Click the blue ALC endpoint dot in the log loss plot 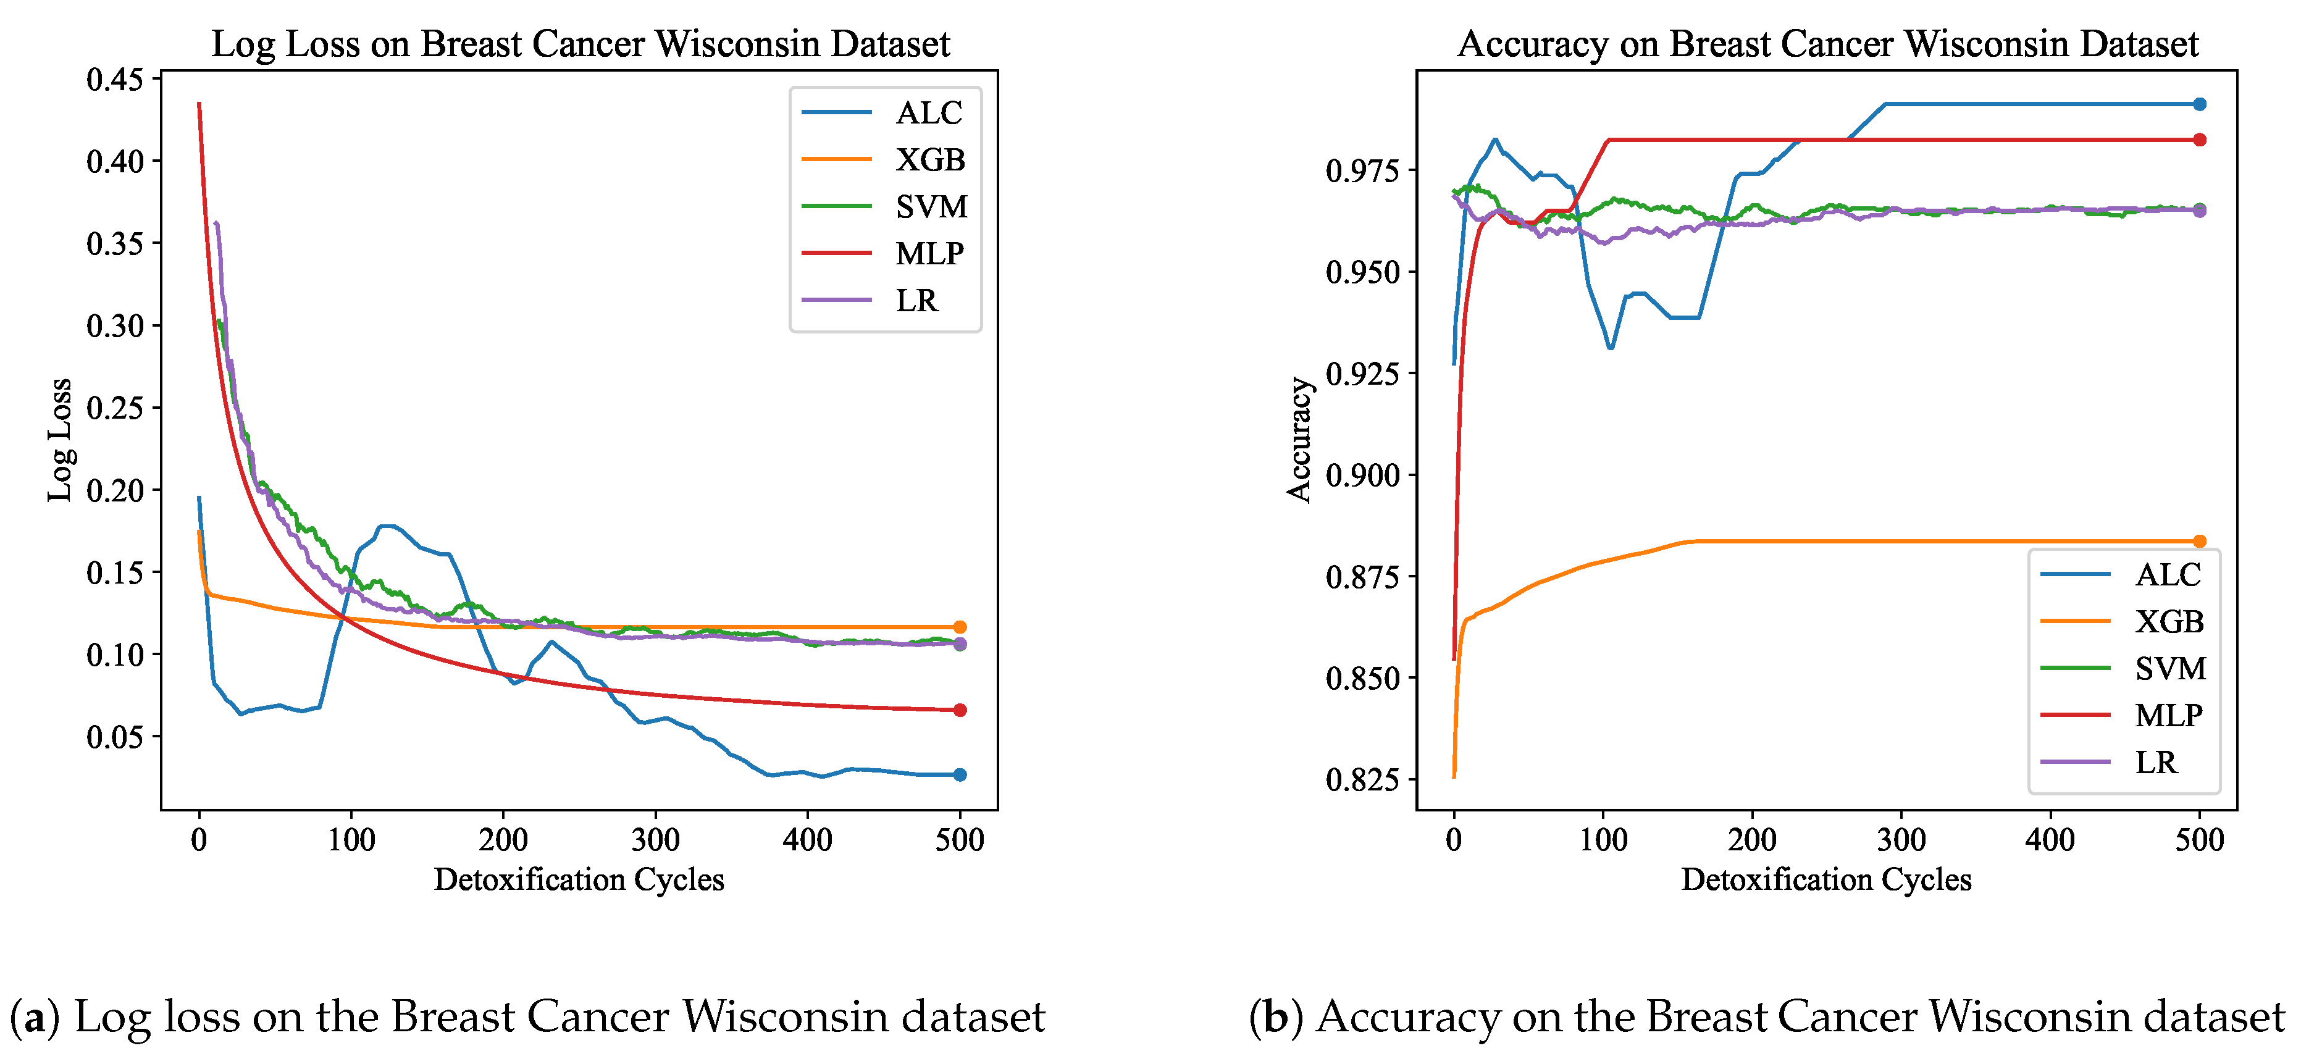[x=959, y=774]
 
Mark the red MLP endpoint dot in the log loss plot [x=959, y=710]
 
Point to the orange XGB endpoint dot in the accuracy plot [x=2199, y=542]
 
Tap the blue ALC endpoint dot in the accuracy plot [x=2199, y=104]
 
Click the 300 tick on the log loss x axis [x=656, y=840]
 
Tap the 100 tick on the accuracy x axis [x=1603, y=840]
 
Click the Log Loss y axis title [x=60, y=440]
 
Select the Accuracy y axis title [x=1299, y=440]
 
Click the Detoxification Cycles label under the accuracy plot [x=1825, y=880]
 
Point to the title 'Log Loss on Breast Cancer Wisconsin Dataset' [x=580, y=44]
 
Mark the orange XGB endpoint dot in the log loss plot [x=959, y=627]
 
